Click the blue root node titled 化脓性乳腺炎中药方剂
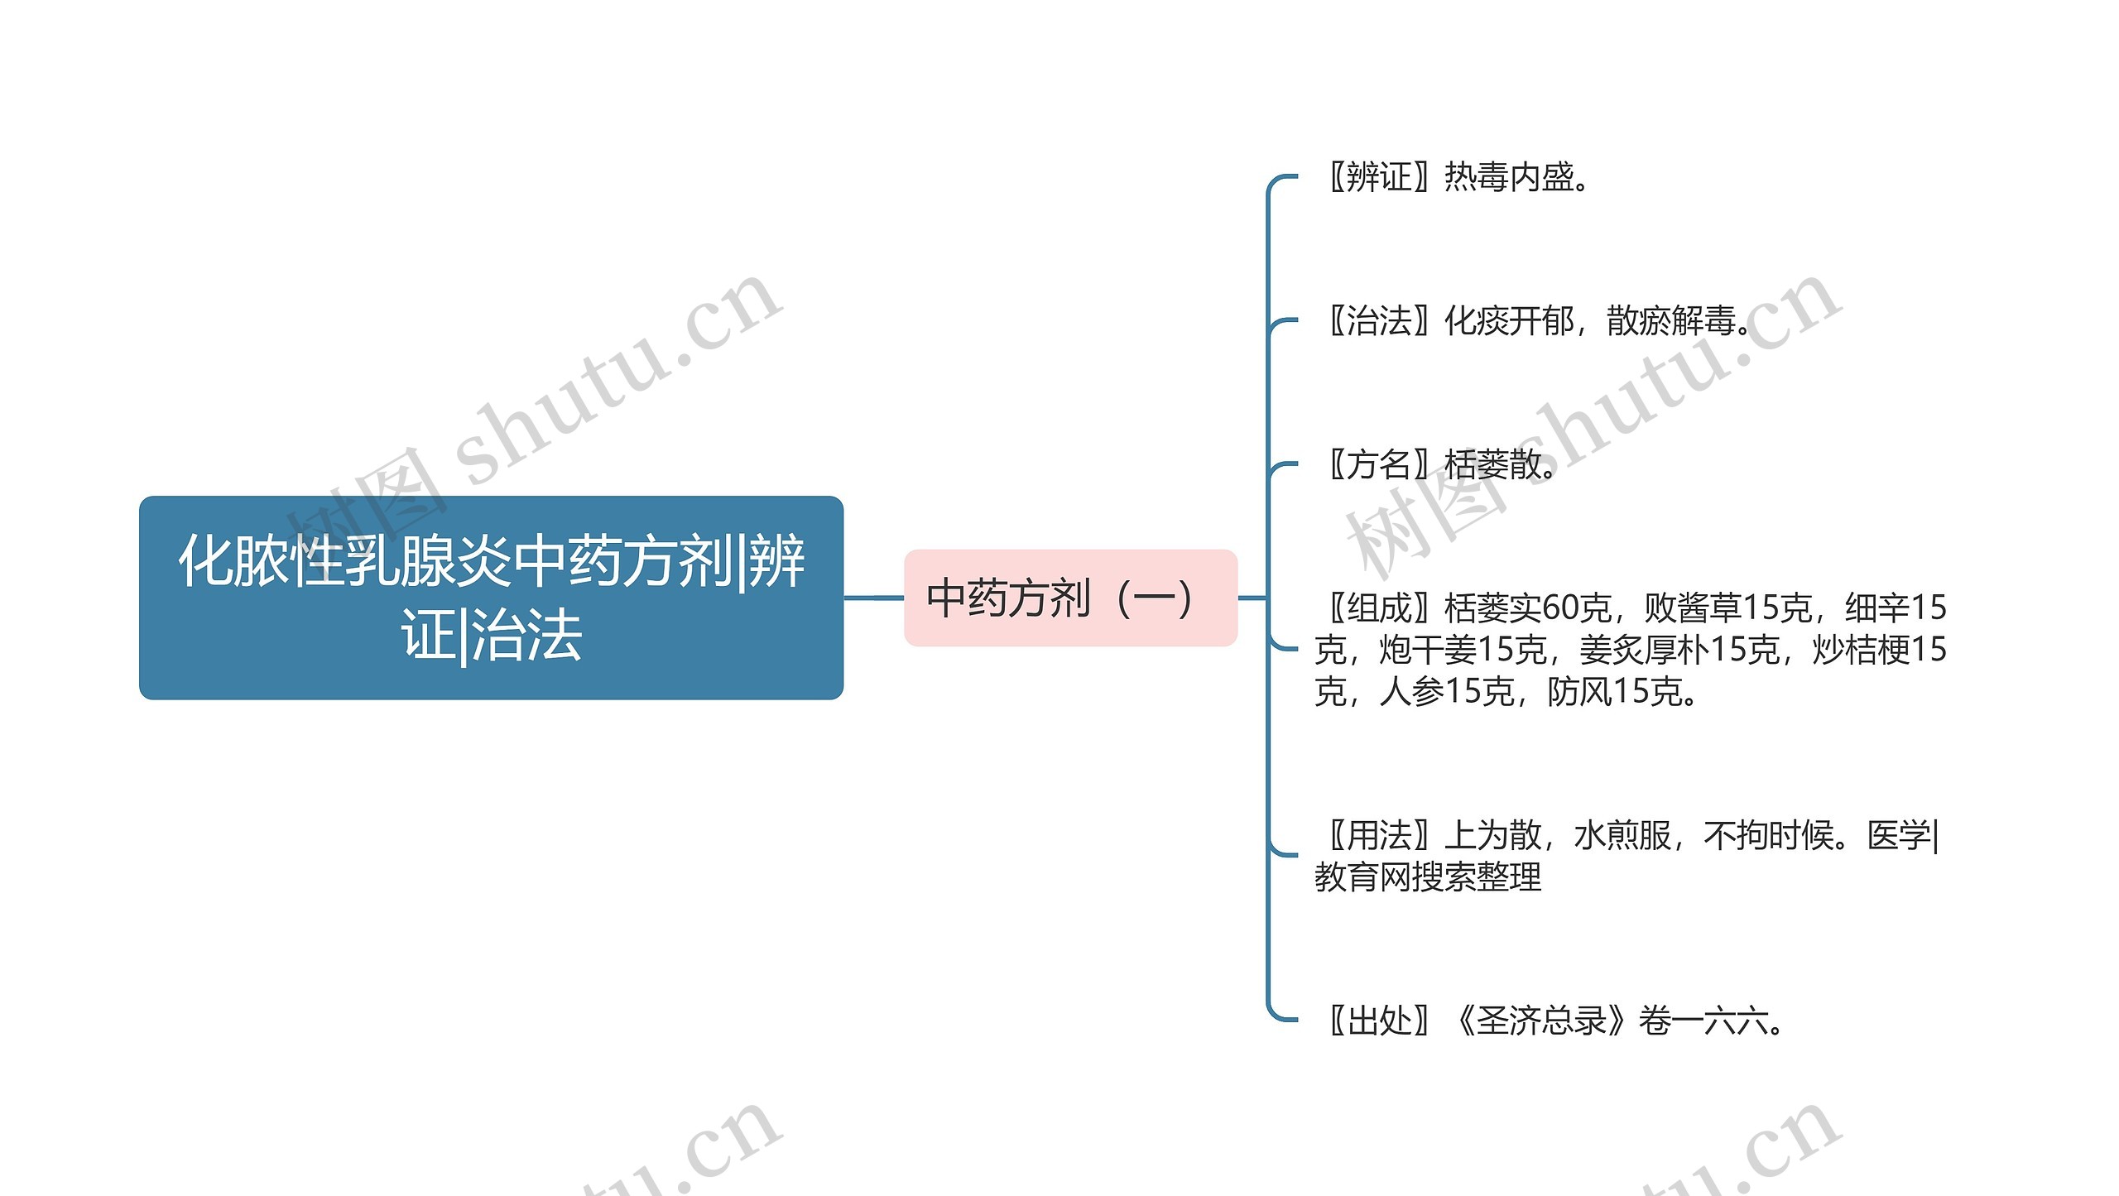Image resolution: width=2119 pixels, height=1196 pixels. (x=491, y=597)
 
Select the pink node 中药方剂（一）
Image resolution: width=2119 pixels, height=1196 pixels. (x=1069, y=598)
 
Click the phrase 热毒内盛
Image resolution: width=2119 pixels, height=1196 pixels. (x=1508, y=177)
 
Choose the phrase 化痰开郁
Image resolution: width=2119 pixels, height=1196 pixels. (x=1508, y=321)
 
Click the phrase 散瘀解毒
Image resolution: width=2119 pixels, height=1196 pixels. (x=1670, y=321)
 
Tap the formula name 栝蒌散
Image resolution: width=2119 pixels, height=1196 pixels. (x=1492, y=464)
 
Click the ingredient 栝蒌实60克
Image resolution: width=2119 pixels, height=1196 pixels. (x=1526, y=608)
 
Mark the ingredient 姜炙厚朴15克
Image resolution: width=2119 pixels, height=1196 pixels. (x=1679, y=650)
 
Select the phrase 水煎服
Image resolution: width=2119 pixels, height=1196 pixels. (x=1622, y=835)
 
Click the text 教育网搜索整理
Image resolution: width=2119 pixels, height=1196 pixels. (x=1428, y=877)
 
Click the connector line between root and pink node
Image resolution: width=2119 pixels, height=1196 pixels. (x=873, y=597)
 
